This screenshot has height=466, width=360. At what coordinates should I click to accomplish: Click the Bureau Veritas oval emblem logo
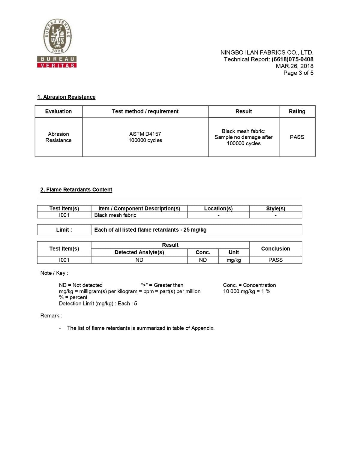point(57,35)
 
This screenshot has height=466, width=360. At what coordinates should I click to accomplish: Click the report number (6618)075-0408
point(292,59)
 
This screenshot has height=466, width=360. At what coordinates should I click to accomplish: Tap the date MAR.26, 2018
point(294,66)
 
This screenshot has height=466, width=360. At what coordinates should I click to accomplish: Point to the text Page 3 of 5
point(298,73)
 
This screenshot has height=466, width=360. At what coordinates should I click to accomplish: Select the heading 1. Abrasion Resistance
point(66,97)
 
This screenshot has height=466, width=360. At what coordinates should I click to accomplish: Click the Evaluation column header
point(58,111)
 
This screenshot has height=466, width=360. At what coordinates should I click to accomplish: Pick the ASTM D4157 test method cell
point(145,137)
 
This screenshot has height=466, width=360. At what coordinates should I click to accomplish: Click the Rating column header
point(297,111)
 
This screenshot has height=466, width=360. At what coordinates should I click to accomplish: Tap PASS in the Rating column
point(297,137)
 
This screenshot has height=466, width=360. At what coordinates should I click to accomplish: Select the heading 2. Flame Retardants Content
point(76,190)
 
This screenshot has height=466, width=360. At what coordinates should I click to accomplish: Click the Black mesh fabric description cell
point(115,215)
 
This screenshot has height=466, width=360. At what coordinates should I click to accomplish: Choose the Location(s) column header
point(218,209)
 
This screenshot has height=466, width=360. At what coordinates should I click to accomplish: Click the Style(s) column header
point(275,209)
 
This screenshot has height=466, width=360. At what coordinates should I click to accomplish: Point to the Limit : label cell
point(64,230)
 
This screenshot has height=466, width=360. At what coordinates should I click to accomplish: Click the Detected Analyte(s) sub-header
point(139,252)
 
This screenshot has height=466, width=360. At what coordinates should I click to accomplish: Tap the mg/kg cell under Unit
point(234,260)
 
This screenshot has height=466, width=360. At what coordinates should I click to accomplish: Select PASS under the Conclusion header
point(275,260)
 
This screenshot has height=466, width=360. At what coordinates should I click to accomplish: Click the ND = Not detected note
point(81,285)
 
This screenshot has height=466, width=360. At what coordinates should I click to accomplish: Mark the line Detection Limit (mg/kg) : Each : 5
point(98,303)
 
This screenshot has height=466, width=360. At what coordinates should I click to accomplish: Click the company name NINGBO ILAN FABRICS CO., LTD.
point(267,53)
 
